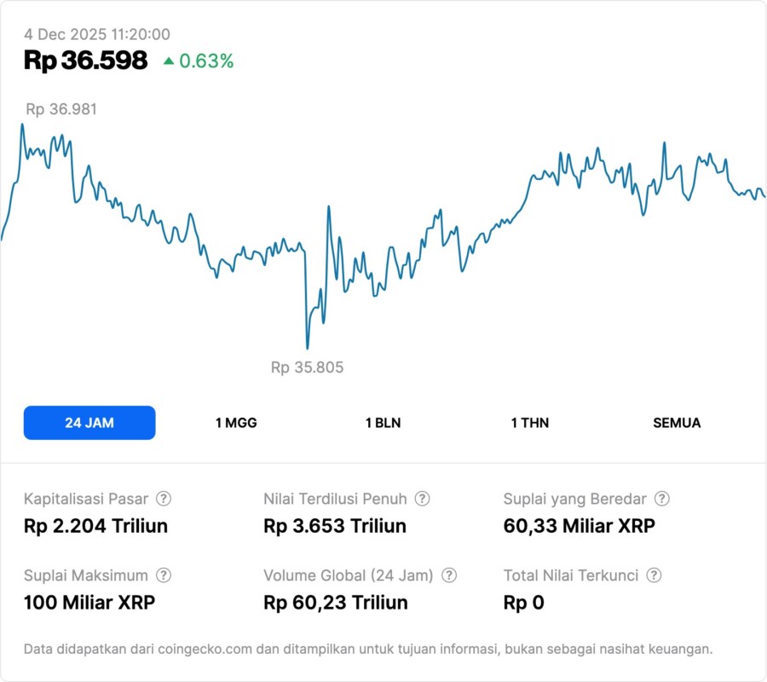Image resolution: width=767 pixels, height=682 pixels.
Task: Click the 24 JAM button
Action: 89,423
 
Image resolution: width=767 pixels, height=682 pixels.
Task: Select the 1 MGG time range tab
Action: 236,423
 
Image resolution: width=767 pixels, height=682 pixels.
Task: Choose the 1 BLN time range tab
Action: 383,423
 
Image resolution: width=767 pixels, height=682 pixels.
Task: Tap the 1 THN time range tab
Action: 530,423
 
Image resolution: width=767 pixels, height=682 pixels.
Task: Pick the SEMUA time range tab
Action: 677,423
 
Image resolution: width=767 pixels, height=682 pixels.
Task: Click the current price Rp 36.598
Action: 85,61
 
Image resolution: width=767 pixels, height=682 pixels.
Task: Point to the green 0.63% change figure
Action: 206,61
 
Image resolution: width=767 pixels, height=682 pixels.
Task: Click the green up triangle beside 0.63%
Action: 168,61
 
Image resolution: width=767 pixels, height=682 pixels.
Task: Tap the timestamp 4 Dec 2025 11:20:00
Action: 97,35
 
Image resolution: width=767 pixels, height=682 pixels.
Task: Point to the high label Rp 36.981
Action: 61,109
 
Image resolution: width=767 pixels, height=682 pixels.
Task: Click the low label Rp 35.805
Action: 307,367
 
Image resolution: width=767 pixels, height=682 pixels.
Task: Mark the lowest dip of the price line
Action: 307,348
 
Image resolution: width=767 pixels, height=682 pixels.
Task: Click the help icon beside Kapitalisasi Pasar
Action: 164,499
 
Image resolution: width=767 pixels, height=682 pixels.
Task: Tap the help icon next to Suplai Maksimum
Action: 164,575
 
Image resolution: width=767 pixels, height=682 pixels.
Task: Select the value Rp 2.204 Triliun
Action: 95,526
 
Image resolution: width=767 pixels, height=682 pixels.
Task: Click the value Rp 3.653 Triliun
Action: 335,526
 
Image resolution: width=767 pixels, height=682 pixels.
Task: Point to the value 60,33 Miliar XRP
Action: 580,526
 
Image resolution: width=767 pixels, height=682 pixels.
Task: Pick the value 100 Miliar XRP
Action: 89,603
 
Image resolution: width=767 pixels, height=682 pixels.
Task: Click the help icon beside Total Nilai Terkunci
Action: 654,575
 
